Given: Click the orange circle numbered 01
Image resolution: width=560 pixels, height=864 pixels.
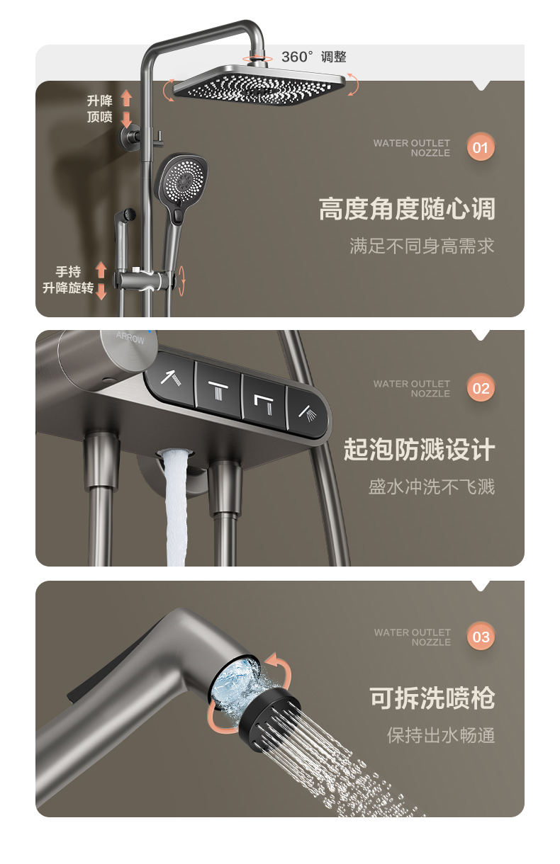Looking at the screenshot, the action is (x=481, y=147).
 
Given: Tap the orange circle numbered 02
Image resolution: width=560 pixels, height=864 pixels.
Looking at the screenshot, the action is (x=481, y=387).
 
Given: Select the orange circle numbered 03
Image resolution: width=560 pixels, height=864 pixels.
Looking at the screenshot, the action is (x=481, y=636).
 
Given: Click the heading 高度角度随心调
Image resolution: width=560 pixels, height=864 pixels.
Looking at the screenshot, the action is (x=407, y=209).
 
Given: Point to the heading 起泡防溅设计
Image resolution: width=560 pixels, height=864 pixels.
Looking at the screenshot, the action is (x=420, y=450).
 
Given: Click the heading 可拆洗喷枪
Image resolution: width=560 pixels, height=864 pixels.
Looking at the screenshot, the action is (x=432, y=698).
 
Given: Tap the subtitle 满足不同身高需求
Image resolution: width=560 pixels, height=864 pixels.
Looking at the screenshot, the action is (x=422, y=246).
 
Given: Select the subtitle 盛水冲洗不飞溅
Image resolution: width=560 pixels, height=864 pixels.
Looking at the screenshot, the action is (x=432, y=487).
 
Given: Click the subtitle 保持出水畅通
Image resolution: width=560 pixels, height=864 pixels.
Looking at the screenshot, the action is (x=441, y=735).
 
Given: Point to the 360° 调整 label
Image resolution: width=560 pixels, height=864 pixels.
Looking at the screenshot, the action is (x=313, y=57).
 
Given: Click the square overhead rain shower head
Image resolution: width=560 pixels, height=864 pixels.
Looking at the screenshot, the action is (x=259, y=86).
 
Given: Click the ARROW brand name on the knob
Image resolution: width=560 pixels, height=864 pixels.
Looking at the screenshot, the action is (x=130, y=338).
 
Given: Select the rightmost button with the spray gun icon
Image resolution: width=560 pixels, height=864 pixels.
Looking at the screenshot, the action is (x=308, y=414).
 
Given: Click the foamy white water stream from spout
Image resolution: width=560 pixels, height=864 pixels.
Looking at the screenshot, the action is (x=175, y=507).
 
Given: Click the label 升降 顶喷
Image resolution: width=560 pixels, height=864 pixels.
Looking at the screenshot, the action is (x=100, y=109).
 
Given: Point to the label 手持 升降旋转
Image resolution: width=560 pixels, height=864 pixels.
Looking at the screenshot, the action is (x=68, y=280).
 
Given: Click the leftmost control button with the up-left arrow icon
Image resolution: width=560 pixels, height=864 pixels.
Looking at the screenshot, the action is (x=171, y=378).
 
